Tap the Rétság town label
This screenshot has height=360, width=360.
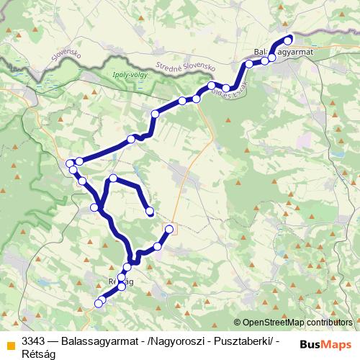tap(120, 282)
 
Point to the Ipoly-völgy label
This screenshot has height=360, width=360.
tap(109, 74)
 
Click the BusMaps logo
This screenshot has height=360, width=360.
tap(326, 343)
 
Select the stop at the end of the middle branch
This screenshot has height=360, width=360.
tap(150, 212)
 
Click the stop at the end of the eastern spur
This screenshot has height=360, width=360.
tap(170, 230)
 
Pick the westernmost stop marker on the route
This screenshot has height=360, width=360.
tap(70, 164)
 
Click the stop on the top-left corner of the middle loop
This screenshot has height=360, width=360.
tap(113, 178)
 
